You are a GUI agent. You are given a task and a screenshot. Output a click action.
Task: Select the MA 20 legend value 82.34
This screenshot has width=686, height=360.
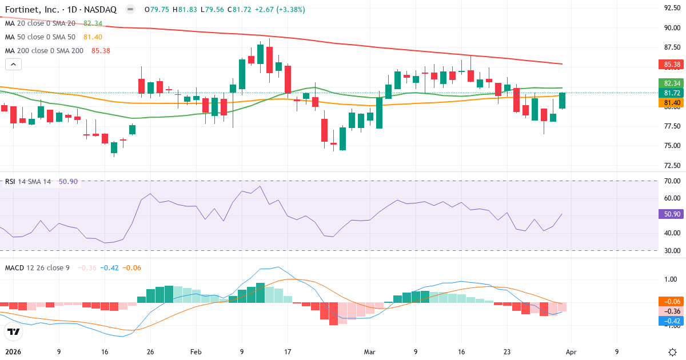tap(93, 23)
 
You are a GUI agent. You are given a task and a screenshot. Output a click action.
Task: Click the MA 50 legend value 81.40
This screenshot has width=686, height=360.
tap(93, 37)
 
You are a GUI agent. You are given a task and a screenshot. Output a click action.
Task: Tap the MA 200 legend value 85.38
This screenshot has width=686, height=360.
tap(100, 50)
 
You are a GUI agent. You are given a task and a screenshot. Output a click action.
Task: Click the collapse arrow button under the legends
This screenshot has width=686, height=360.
tap(13, 65)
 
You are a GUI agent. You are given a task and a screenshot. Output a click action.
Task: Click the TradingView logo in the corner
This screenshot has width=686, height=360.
tap(14, 331)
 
